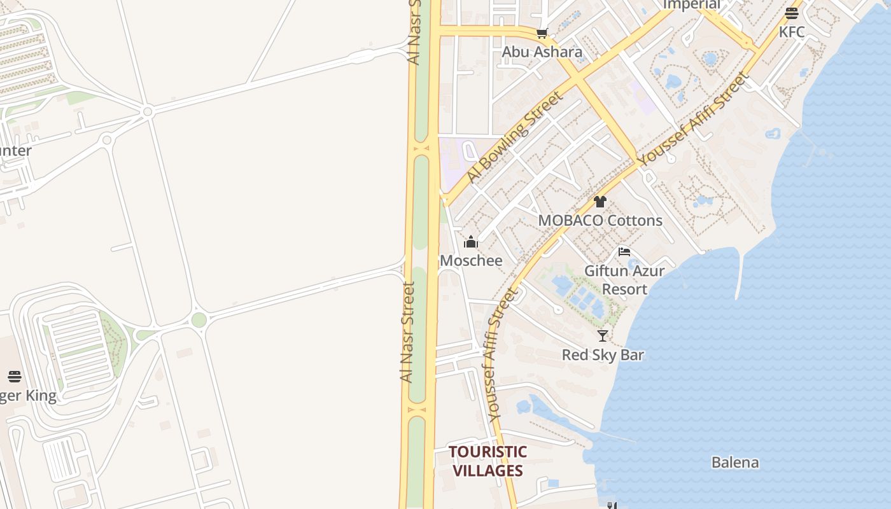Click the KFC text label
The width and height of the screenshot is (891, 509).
(792, 32)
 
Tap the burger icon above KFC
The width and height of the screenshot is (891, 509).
(792, 13)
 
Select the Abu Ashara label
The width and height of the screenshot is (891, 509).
(542, 52)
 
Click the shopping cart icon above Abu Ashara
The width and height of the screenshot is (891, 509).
(542, 33)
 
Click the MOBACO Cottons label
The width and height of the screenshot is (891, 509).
(600, 220)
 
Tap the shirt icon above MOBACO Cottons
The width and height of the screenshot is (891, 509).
(600, 202)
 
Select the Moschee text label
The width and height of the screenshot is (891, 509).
(471, 260)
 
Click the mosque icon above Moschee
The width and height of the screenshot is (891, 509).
(471, 242)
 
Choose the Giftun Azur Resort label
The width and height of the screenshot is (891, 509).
(624, 280)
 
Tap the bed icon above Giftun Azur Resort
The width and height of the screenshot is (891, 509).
(624, 252)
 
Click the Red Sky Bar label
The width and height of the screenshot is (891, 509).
(603, 354)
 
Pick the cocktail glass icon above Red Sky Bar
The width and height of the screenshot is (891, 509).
(603, 335)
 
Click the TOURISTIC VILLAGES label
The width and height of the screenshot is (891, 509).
(488, 461)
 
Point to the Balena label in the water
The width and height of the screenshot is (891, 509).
(735, 462)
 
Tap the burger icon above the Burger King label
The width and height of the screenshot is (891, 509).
(14, 376)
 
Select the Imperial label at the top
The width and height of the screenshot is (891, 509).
(691, 5)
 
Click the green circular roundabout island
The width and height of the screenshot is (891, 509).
(199, 320)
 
